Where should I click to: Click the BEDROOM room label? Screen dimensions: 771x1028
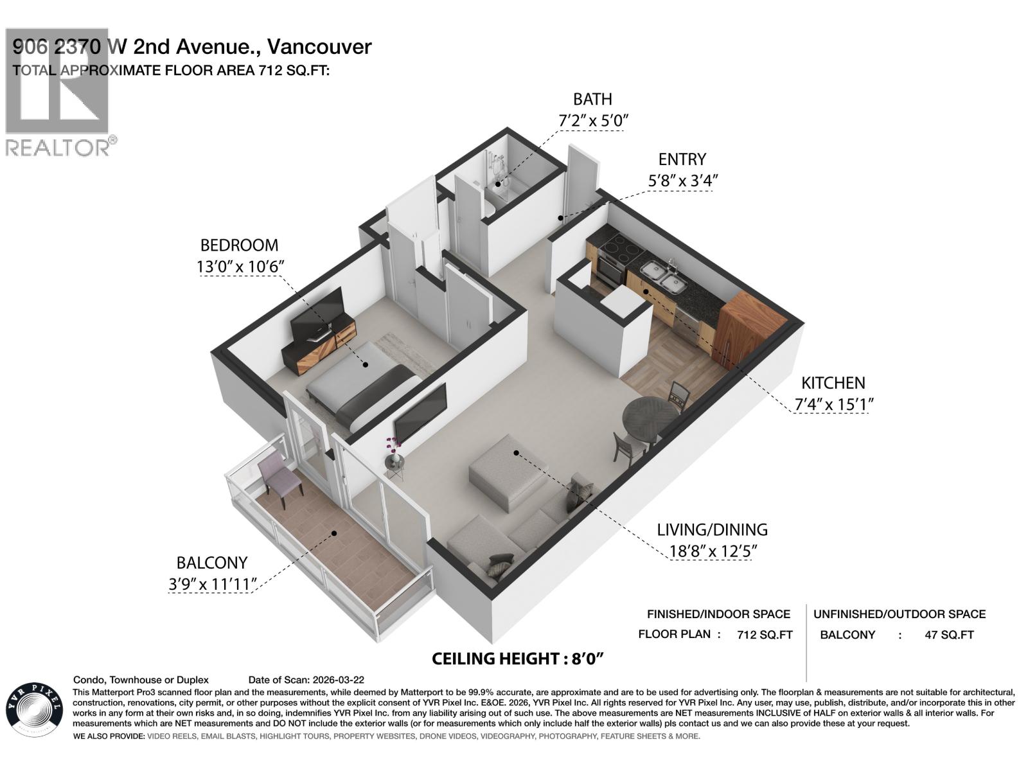point(239,245)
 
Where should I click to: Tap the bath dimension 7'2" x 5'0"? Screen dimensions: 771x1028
point(592,120)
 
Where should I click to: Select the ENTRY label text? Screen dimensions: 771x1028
point(682,159)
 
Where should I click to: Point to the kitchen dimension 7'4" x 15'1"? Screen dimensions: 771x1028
point(833,405)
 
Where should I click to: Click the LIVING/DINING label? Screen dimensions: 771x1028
point(712,529)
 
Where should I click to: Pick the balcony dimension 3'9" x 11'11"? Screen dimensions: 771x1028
point(212,584)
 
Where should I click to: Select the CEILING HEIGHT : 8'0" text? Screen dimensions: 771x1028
point(518,659)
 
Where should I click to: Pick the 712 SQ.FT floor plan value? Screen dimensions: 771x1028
point(765,635)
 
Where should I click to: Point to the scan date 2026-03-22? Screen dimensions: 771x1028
point(337,680)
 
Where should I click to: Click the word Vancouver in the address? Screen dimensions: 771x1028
point(319,47)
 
